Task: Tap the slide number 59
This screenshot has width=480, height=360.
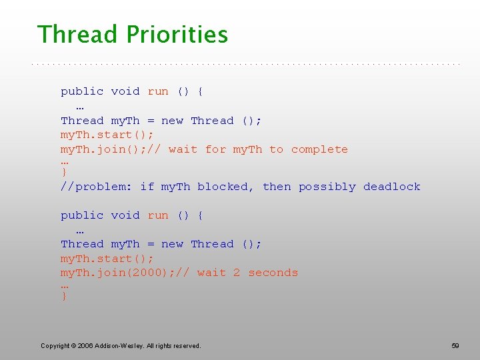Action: (455, 345)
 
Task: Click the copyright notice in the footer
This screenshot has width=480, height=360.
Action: (121, 345)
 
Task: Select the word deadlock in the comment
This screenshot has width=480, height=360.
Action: (392, 187)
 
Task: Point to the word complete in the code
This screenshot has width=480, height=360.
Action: (319, 149)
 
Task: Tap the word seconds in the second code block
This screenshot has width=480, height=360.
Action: (273, 273)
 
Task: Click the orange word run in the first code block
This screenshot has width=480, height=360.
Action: (158, 91)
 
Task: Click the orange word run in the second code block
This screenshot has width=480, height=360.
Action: (158, 215)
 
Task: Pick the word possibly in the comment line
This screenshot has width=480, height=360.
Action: (327, 187)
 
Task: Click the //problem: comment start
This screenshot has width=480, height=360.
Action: (97, 187)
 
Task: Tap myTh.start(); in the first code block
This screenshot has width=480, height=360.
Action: (107, 135)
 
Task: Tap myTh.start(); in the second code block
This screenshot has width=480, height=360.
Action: (107, 259)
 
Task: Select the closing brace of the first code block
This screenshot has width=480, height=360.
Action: (64, 173)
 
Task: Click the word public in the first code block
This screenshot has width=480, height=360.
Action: (82, 91)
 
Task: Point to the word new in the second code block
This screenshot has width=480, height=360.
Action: (172, 244)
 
